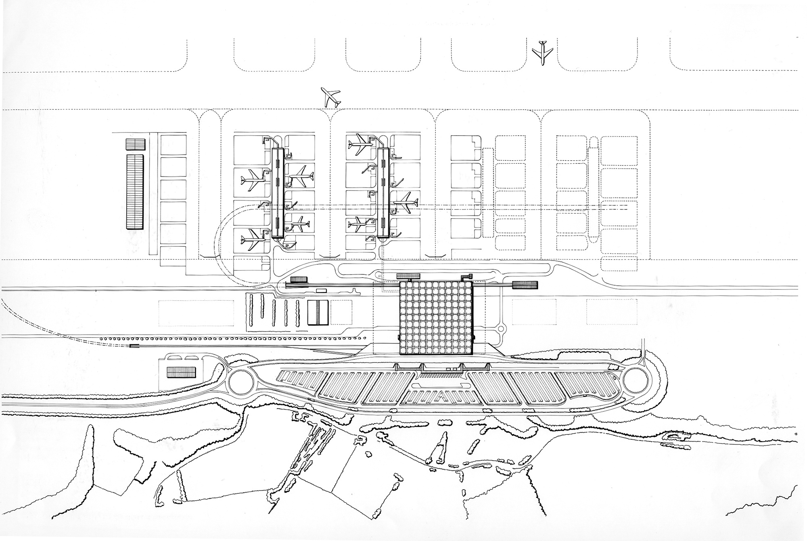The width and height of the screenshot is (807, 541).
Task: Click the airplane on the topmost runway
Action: pyautogui.click(x=542, y=52)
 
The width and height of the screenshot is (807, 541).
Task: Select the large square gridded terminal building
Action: pyautogui.click(x=435, y=318)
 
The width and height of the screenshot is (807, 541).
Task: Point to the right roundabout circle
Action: pyautogui.click(x=634, y=380)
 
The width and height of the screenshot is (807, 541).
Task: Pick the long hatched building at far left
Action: pyautogui.click(x=135, y=191)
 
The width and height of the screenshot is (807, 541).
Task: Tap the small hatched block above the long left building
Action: pyautogui.click(x=135, y=144)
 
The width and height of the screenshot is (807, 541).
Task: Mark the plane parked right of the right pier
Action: pyautogui.click(x=406, y=201)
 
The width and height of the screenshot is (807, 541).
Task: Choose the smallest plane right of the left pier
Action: pyautogui.click(x=300, y=223)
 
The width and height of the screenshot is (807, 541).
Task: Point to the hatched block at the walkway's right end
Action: pyautogui.click(x=525, y=285)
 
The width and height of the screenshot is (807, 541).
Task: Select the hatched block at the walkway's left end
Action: pyautogui.click(x=299, y=279)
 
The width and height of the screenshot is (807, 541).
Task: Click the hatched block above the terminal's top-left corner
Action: pyautogui.click(x=408, y=276)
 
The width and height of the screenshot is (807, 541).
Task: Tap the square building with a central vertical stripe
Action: pyautogui.click(x=318, y=312)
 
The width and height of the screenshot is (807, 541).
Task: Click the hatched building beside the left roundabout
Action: pyautogui.click(x=181, y=371)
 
